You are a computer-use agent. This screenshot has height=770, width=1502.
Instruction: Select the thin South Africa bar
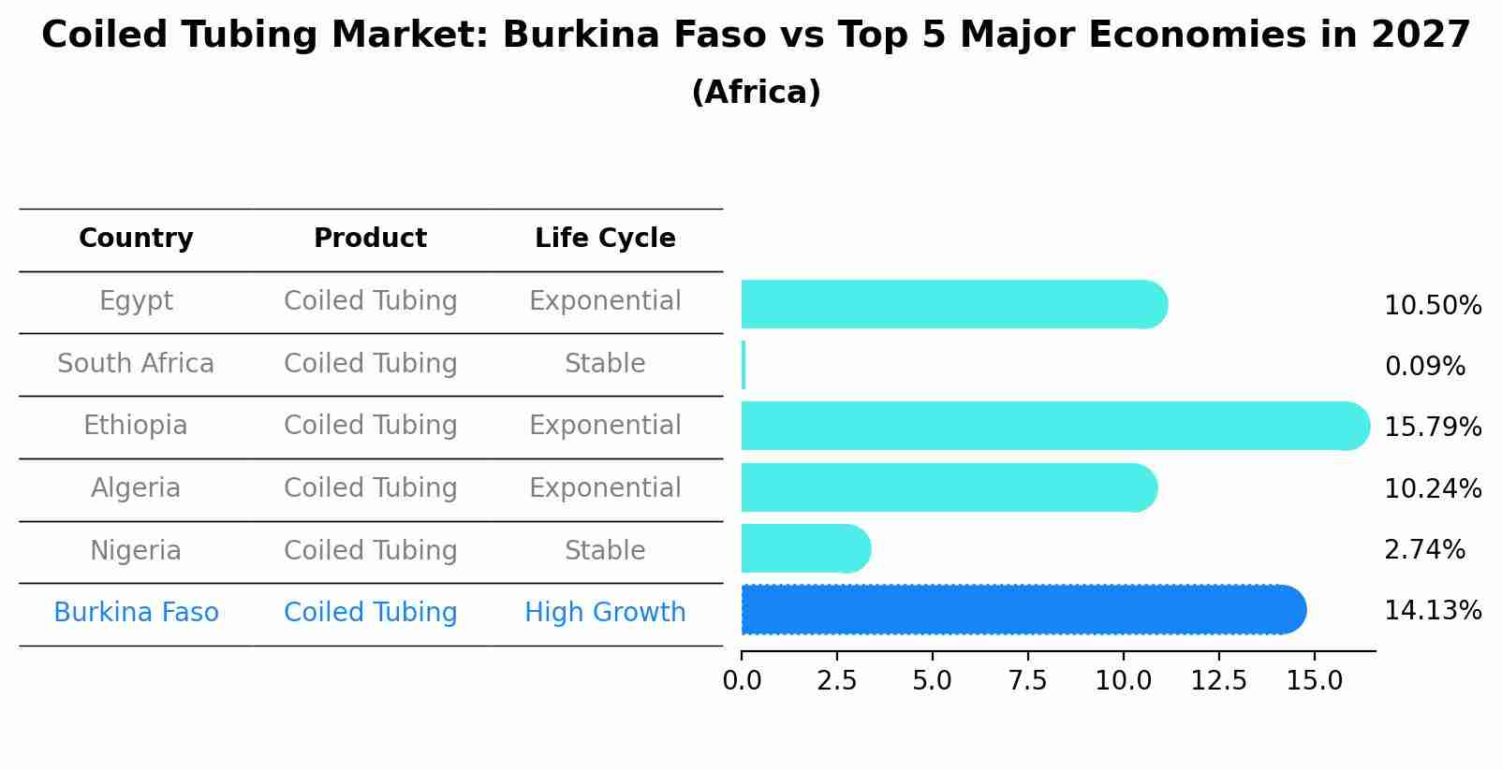coord(744,365)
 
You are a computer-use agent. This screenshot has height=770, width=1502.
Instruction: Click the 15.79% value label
coord(1433,428)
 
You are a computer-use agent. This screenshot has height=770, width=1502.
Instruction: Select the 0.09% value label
coord(1424,367)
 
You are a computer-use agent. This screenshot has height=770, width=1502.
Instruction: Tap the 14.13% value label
coord(1433,611)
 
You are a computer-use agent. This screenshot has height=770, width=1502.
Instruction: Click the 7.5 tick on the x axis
coord(1027,681)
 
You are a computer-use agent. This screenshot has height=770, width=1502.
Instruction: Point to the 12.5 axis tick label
coord(1218,681)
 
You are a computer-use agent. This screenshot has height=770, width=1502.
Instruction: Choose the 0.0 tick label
coord(742,681)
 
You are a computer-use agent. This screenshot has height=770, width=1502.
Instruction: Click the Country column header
coord(136,239)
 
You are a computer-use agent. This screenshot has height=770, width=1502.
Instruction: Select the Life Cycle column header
coord(605,239)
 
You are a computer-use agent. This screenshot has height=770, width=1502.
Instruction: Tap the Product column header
coord(370,239)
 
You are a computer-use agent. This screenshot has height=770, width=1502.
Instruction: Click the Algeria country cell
coord(136,488)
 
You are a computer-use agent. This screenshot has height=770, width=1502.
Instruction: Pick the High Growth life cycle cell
coord(605,613)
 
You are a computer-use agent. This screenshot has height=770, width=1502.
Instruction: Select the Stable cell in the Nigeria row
coord(605,550)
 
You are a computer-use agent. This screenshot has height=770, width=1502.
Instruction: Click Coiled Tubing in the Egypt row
coord(370,301)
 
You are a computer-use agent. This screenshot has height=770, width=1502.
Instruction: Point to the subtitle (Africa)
coord(756,93)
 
